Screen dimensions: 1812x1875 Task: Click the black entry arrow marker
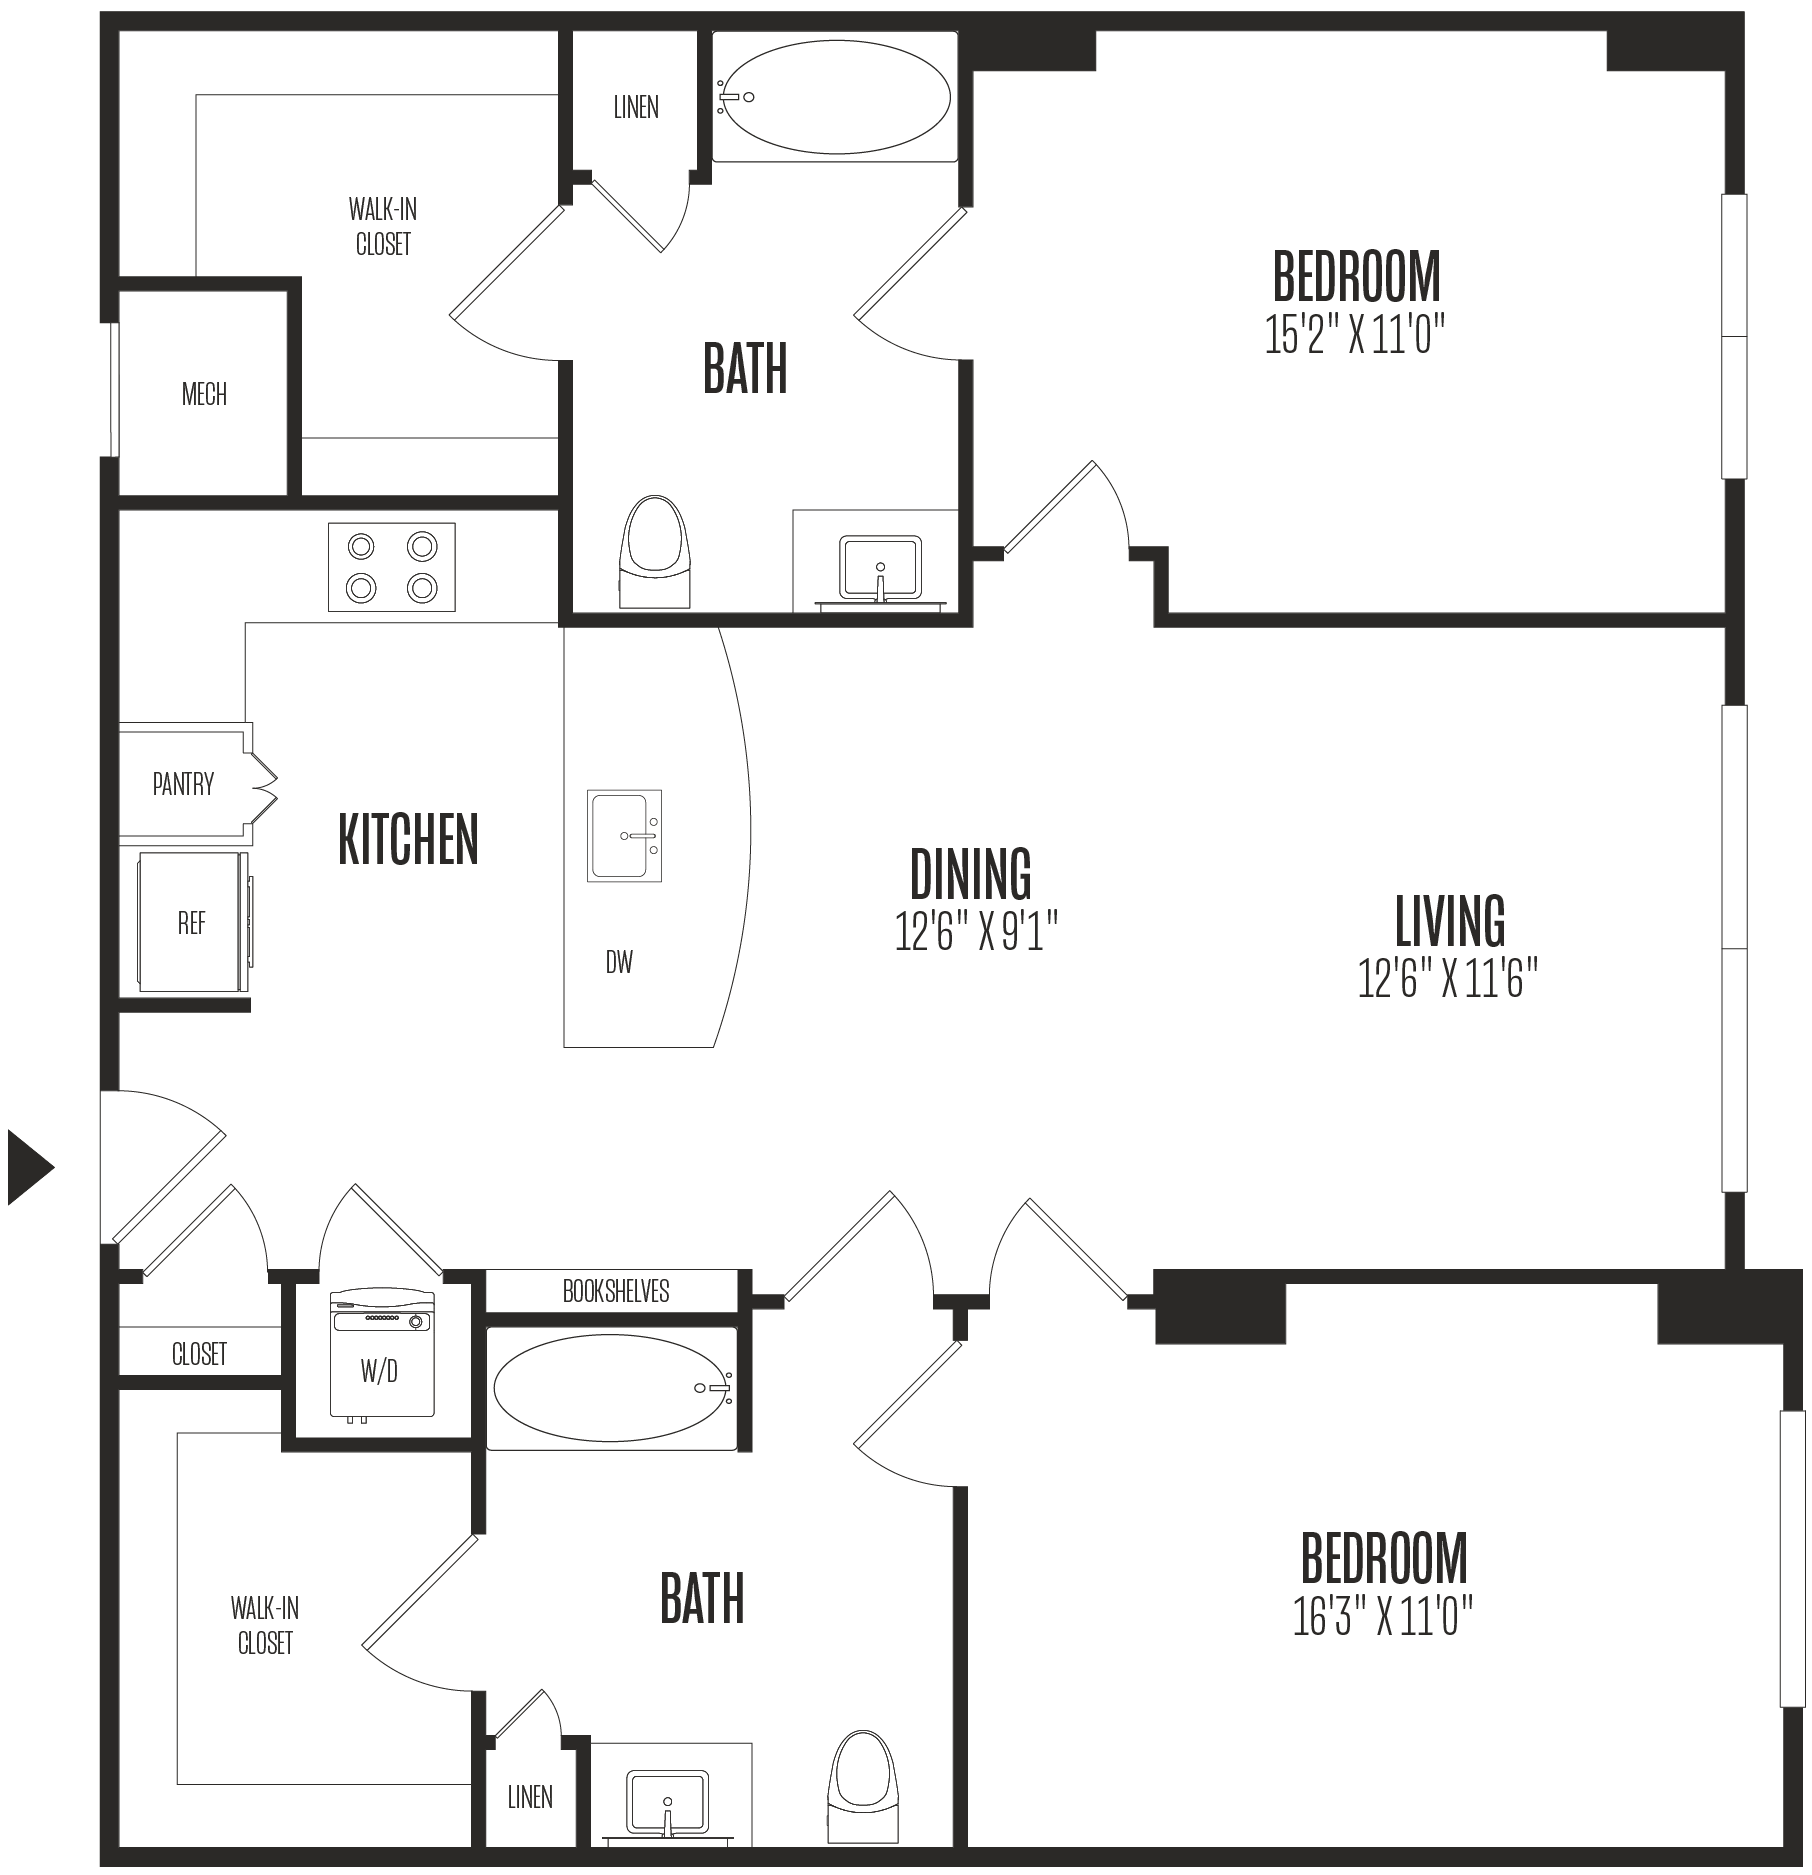[28, 1166]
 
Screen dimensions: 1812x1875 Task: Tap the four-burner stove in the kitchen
[392, 567]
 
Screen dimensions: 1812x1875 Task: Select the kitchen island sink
[625, 835]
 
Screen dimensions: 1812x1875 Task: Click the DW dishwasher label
[620, 962]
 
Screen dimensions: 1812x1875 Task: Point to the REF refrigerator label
[191, 922]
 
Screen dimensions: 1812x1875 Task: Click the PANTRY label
[183, 784]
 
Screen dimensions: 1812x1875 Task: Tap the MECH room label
[204, 394]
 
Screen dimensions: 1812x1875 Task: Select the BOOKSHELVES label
[616, 1291]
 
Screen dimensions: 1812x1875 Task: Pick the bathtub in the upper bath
[835, 97]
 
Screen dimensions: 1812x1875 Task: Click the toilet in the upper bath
[657, 552]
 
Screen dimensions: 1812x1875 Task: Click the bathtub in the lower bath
[611, 1388]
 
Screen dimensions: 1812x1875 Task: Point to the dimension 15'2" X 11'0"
[1356, 334]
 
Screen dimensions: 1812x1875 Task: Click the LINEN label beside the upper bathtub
[636, 107]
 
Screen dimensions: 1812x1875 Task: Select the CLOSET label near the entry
[199, 1354]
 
